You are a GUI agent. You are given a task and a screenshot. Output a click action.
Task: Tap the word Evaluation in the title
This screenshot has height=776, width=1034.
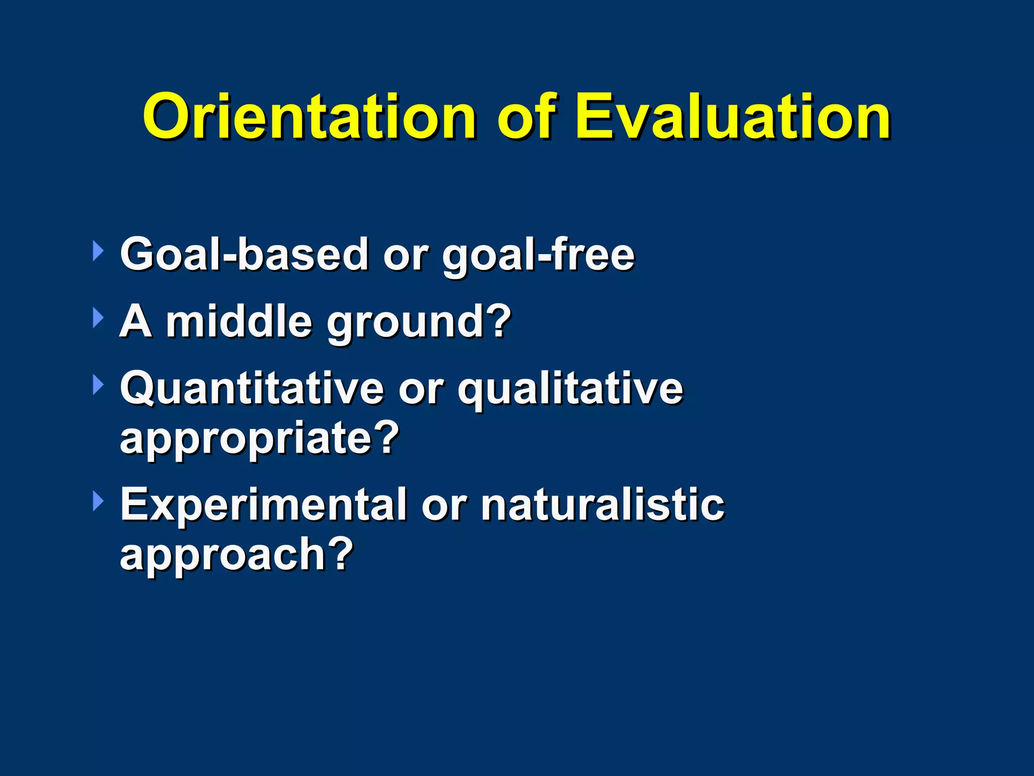[x=733, y=117]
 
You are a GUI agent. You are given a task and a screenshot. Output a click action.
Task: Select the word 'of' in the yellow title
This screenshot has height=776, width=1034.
[x=526, y=117]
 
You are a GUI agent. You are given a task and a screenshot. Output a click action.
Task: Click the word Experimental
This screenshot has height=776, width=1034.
[x=263, y=505]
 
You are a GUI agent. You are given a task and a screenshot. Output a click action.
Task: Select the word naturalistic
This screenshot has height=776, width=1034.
[x=602, y=505]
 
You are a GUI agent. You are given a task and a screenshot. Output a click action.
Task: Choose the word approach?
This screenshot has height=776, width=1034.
[x=236, y=555]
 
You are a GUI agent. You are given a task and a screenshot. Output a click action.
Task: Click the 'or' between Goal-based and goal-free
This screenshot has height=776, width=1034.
[x=405, y=256]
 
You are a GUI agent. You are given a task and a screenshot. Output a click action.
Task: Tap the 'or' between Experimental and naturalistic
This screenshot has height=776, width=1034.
[x=443, y=506]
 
